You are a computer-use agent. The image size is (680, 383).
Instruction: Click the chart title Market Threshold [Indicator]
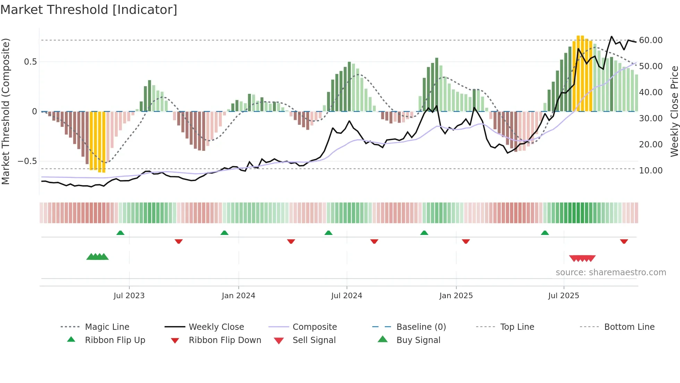(x=89, y=10)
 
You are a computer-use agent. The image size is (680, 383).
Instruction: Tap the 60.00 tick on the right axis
(x=651, y=40)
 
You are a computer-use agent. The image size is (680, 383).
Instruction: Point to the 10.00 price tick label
(x=651, y=171)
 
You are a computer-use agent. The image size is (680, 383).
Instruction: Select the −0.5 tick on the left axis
(x=27, y=161)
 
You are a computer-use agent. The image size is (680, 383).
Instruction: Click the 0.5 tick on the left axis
(x=30, y=62)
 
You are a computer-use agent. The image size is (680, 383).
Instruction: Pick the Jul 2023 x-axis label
(x=129, y=296)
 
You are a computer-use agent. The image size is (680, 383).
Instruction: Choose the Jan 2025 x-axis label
(x=456, y=296)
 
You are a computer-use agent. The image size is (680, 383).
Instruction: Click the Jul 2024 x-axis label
(x=347, y=296)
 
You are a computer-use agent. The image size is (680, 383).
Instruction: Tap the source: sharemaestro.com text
(x=611, y=272)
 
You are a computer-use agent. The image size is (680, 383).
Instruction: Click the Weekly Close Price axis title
(x=674, y=111)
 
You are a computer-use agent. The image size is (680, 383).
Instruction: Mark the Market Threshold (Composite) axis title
(x=6, y=111)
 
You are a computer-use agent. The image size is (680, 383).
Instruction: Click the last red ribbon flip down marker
(x=624, y=241)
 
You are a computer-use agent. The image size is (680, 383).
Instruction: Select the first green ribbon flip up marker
(x=120, y=233)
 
